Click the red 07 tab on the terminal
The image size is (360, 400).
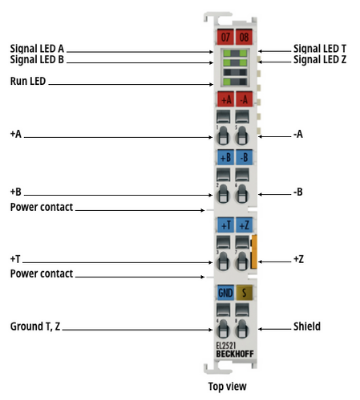click(225, 36)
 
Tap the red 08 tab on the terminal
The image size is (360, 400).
click(244, 36)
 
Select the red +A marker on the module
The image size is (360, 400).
click(226, 99)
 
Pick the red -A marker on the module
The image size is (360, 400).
click(244, 99)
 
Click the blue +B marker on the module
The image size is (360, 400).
click(226, 157)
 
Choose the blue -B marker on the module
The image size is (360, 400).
click(244, 157)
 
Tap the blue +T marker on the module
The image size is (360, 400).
click(226, 225)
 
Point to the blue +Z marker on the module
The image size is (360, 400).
click(244, 225)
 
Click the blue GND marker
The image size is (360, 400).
click(226, 292)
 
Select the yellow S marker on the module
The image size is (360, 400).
click(244, 292)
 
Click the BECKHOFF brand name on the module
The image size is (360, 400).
click(235, 354)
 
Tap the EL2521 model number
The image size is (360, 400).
click(226, 346)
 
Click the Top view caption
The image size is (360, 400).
click(227, 386)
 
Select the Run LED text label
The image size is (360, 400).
click(28, 81)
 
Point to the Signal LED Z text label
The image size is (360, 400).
click(320, 59)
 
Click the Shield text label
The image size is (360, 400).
click(307, 326)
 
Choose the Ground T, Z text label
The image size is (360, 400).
click(35, 326)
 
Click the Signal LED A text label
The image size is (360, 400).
click(37, 49)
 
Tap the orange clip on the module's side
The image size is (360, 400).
click(254, 252)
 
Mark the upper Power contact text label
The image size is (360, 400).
click(41, 207)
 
